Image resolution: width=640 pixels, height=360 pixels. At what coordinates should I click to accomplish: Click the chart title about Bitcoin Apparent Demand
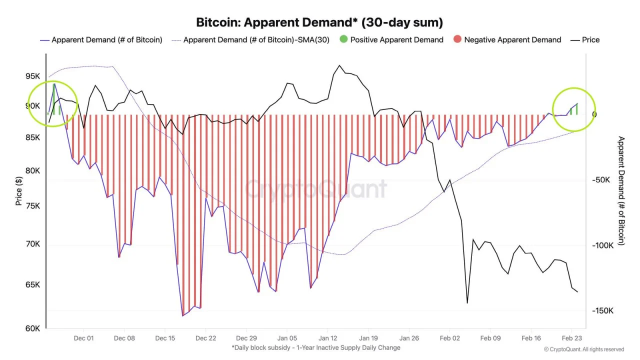point(319,22)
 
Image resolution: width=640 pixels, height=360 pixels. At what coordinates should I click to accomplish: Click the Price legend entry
point(585,39)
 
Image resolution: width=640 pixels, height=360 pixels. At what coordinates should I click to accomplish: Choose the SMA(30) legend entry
point(250,39)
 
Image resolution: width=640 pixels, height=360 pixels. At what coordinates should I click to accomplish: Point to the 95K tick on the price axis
point(32,76)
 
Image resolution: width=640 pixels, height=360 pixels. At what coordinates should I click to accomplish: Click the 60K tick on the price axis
point(32,328)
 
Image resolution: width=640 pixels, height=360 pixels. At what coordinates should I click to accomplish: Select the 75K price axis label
point(32,206)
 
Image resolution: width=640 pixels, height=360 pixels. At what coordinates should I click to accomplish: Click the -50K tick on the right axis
point(604,180)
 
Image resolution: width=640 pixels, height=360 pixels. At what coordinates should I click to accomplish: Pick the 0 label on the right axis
point(594,114)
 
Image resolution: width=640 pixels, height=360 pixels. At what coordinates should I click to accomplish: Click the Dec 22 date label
point(205,338)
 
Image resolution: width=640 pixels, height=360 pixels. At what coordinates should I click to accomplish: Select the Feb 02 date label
point(449,338)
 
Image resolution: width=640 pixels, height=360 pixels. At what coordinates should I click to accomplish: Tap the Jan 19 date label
point(368,338)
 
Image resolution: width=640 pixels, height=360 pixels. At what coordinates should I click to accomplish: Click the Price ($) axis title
point(18,191)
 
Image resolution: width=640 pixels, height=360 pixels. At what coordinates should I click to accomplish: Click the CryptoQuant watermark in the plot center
point(316,189)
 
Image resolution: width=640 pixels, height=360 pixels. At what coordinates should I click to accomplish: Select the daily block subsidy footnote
point(316,347)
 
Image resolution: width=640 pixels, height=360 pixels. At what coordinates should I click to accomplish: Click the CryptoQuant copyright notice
point(583,349)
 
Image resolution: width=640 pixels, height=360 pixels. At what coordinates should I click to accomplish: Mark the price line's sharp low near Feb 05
point(467,302)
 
